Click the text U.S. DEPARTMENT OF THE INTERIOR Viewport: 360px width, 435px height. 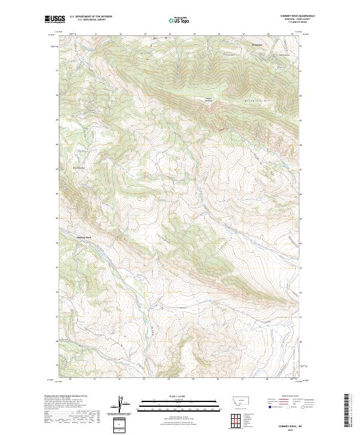(x=91, y=17)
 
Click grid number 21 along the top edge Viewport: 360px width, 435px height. (x=96, y=34)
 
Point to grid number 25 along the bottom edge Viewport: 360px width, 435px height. (x=193, y=379)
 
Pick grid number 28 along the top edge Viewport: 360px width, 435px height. (x=268, y=34)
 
